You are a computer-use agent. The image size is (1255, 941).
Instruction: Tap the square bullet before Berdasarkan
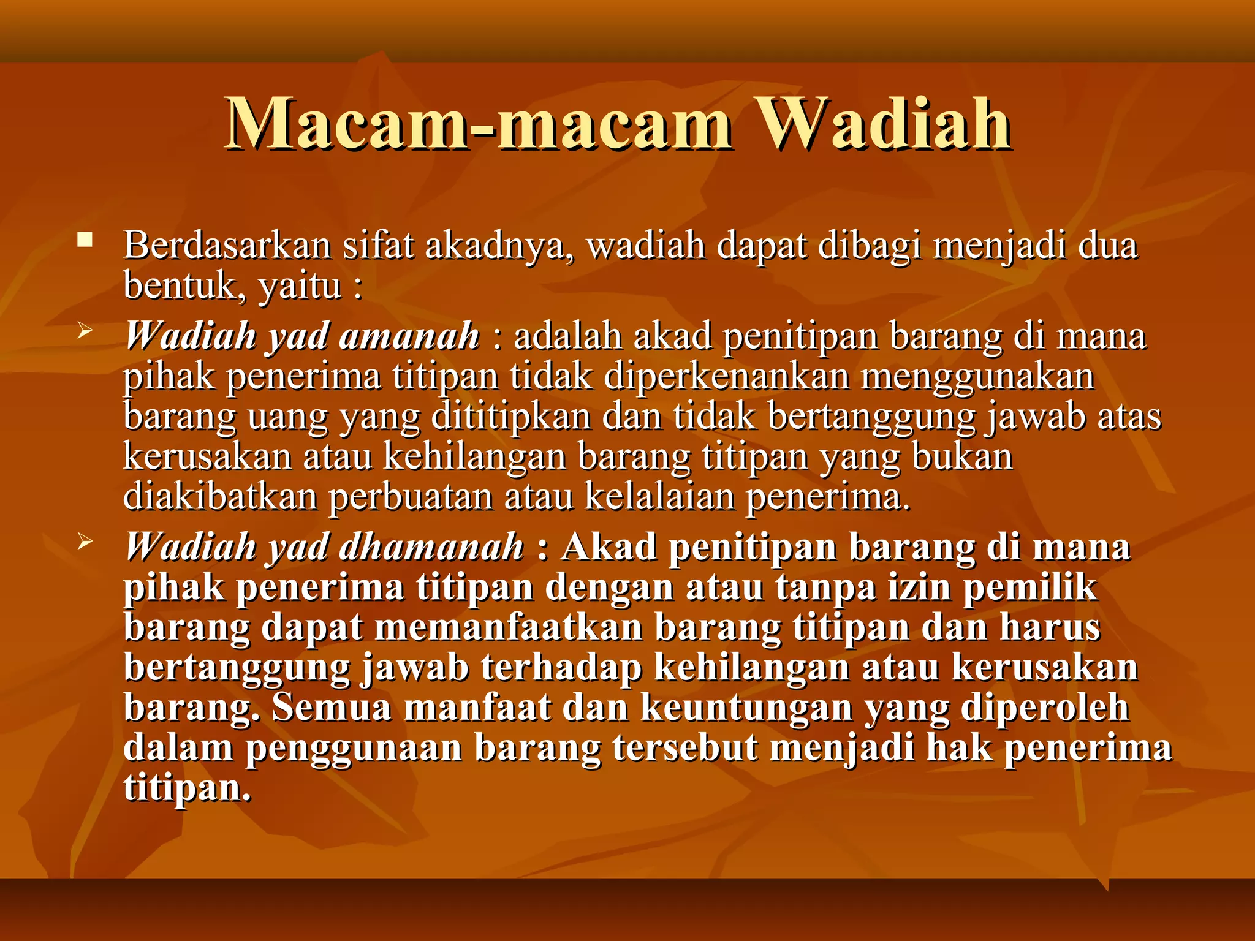pyautogui.click(x=85, y=240)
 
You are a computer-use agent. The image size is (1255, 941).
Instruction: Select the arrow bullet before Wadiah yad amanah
pyautogui.click(x=85, y=333)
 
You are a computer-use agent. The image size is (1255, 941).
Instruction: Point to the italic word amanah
pyautogui.click(x=409, y=336)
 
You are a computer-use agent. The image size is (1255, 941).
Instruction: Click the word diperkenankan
pyautogui.click(x=727, y=377)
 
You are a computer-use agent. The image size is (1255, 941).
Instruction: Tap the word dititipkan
pyautogui.click(x=511, y=417)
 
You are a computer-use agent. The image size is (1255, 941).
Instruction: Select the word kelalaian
pyautogui.click(x=659, y=496)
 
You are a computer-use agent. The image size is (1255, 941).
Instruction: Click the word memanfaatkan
pyautogui.click(x=509, y=627)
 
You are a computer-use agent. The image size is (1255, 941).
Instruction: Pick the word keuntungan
pyautogui.click(x=746, y=708)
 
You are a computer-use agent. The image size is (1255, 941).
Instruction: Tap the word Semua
pyautogui.click(x=332, y=708)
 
